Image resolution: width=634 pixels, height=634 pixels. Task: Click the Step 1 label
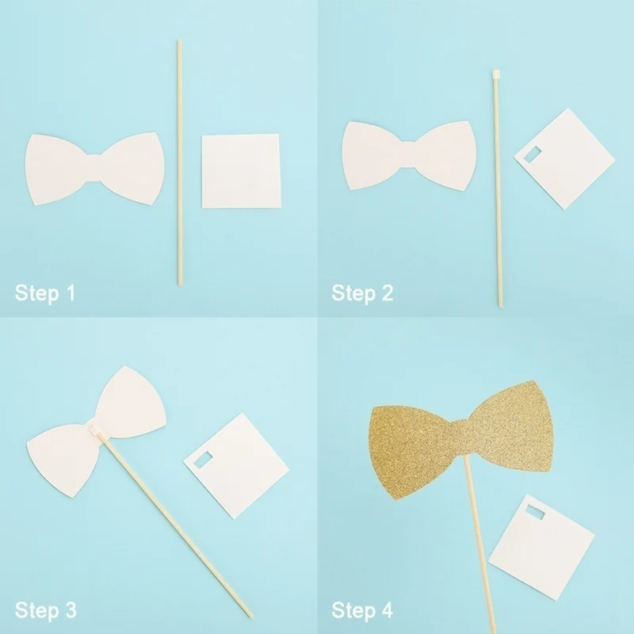(x=45, y=293)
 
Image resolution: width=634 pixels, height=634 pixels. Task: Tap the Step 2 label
(x=362, y=293)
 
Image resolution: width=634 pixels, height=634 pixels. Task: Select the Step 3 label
(x=46, y=610)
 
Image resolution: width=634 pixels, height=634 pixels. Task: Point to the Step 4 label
(x=362, y=610)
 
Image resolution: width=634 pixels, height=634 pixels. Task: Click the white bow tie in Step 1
(x=94, y=168)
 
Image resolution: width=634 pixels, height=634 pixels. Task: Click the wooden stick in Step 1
(x=180, y=162)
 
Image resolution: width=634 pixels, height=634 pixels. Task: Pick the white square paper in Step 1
(x=241, y=171)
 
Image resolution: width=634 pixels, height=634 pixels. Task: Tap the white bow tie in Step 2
(x=409, y=155)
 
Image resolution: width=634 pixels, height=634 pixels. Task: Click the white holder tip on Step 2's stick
(x=496, y=74)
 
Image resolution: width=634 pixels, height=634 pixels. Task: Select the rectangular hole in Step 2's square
(x=532, y=155)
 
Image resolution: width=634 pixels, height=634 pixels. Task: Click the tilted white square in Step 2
(x=564, y=158)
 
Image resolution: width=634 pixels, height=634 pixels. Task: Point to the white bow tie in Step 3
(x=97, y=431)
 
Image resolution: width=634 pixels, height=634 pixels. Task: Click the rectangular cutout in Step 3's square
(x=203, y=460)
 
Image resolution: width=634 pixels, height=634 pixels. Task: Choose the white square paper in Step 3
(x=236, y=466)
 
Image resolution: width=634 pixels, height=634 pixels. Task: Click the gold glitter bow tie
(x=460, y=440)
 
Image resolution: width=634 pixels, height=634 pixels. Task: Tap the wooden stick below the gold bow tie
(x=480, y=545)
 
